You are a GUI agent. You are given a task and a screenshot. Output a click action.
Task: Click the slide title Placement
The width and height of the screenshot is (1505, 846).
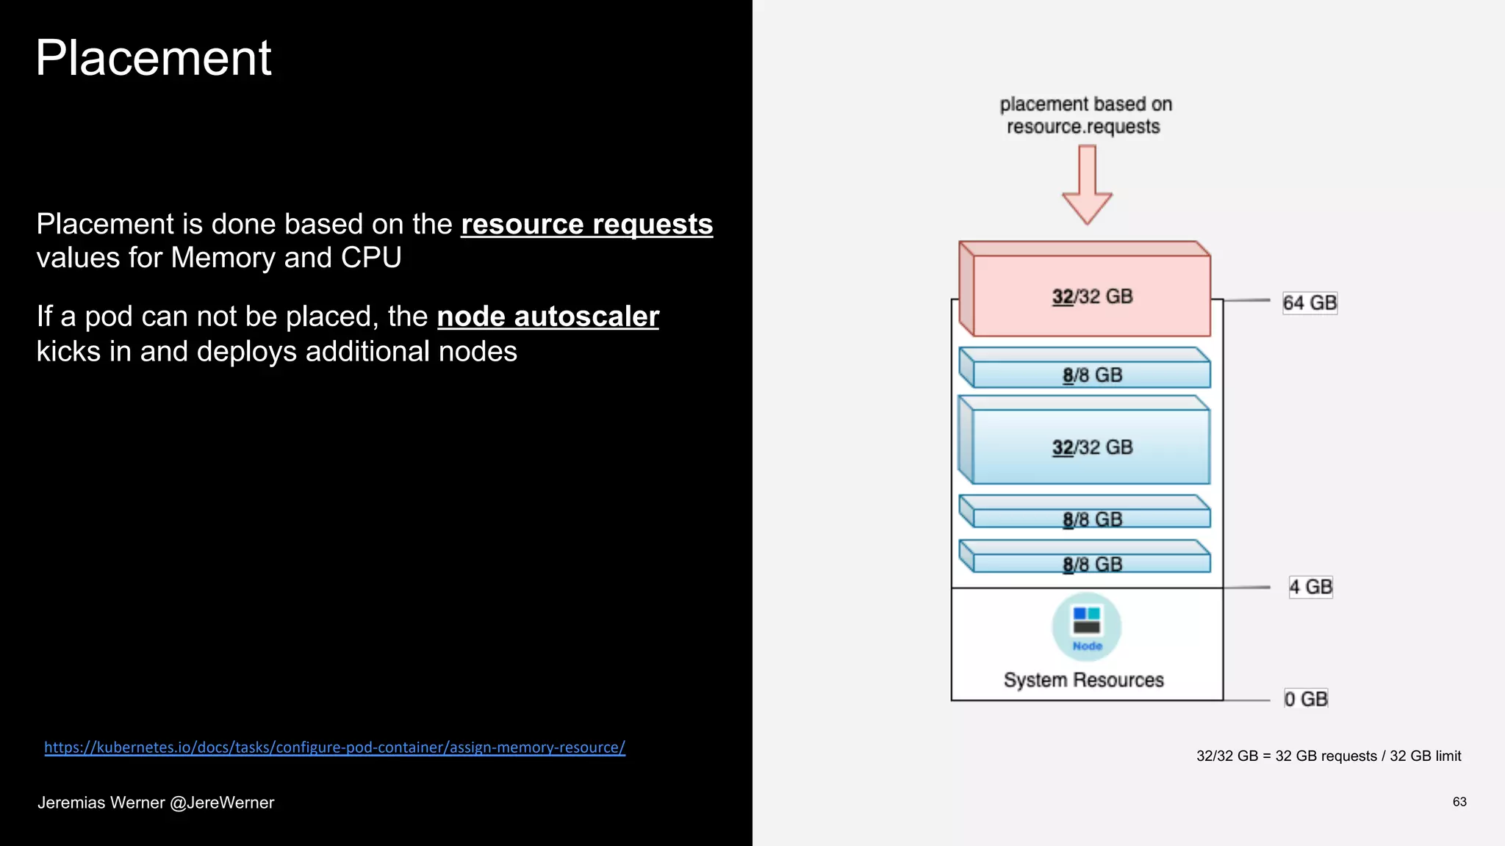(153, 58)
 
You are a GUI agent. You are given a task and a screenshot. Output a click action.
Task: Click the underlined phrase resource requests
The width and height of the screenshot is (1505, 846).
(586, 224)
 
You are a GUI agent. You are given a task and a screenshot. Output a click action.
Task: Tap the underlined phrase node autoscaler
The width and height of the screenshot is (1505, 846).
(547, 317)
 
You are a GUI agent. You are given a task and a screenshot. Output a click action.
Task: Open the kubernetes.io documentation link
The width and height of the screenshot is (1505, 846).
(334, 747)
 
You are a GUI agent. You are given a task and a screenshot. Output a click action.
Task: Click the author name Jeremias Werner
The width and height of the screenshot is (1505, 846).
(101, 803)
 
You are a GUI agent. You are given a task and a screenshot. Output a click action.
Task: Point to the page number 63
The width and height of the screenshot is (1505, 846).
(1459, 801)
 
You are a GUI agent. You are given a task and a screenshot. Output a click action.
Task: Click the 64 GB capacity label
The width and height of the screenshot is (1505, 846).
(1310, 303)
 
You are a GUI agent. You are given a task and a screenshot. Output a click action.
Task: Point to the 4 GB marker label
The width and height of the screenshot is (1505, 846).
(1310, 587)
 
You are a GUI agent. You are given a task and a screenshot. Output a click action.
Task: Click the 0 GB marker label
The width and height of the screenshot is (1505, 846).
(1306, 698)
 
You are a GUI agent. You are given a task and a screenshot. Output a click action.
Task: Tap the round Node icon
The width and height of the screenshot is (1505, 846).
(1086, 626)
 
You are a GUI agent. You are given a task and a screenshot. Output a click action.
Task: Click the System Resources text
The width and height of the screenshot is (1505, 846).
(1083, 680)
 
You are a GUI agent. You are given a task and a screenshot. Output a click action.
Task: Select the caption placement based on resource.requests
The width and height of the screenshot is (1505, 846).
(1085, 115)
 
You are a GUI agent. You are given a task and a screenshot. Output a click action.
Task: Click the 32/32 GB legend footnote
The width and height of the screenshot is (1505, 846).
(1328, 756)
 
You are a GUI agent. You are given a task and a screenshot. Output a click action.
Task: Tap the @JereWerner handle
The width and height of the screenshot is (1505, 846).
(222, 803)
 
